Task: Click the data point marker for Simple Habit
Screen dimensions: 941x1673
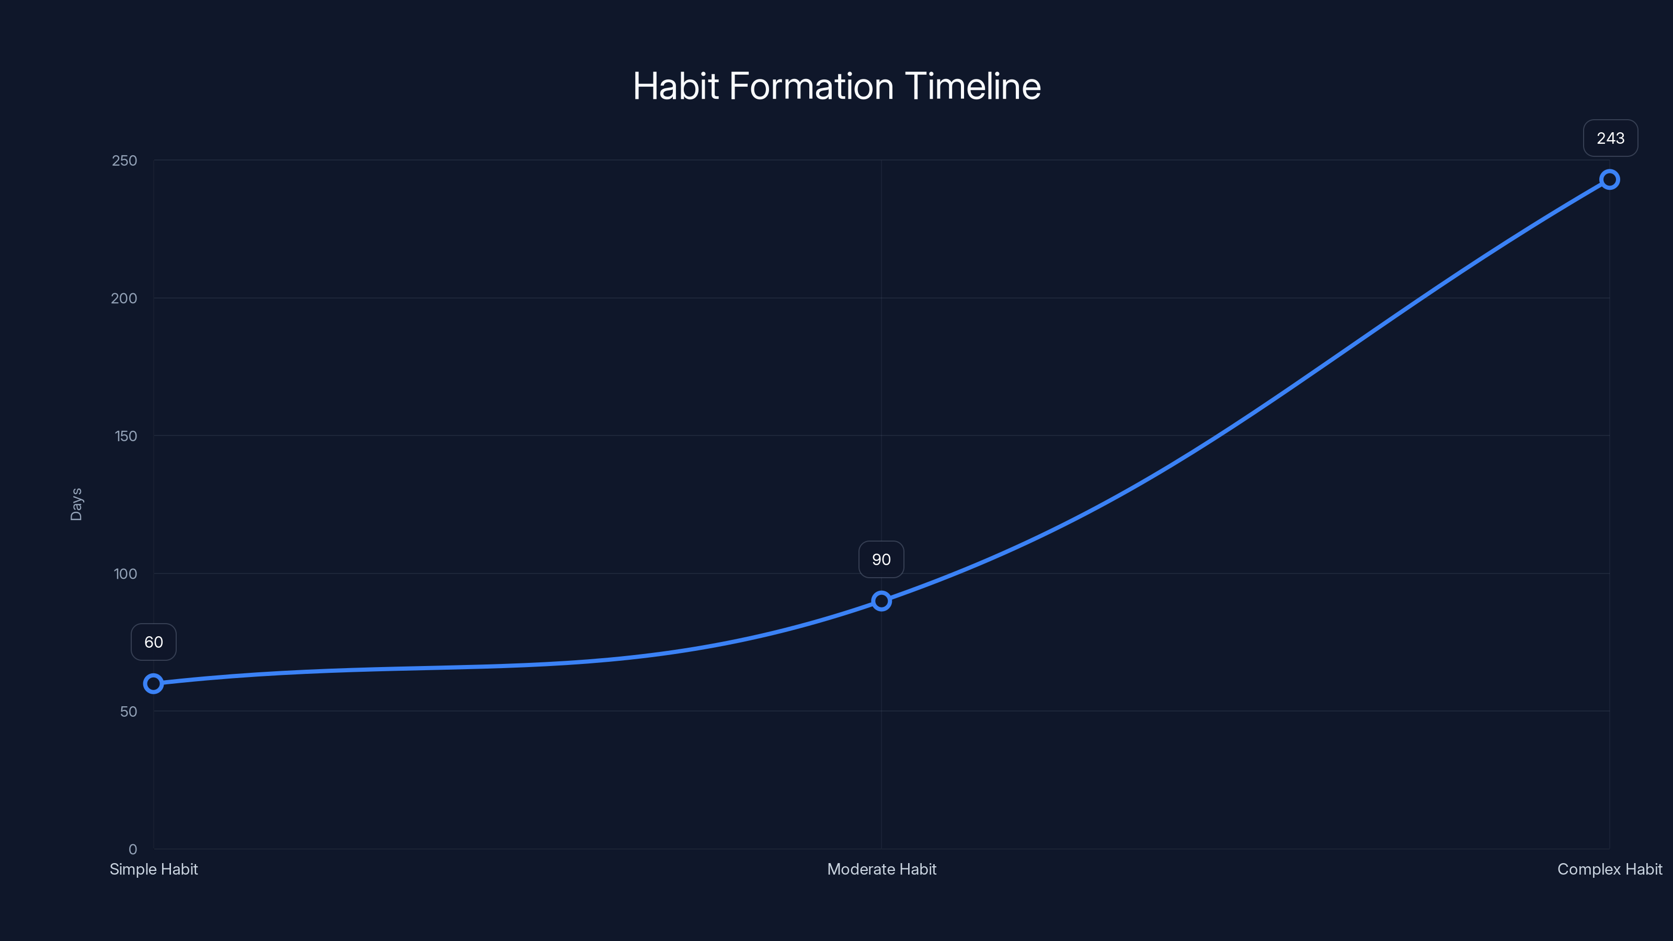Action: pos(153,683)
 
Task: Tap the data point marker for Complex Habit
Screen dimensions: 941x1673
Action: pos(1609,179)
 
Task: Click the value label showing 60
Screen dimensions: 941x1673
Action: pos(153,641)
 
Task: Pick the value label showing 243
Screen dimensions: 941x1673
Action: pos(1610,137)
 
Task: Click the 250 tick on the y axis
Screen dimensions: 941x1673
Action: pos(125,160)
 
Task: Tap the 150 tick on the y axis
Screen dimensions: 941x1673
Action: pos(126,436)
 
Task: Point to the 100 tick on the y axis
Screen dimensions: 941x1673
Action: pos(125,573)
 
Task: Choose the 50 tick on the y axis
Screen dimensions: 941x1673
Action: pos(129,711)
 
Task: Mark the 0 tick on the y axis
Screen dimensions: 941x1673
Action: pos(132,849)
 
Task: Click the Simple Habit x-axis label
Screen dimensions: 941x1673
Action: pos(153,869)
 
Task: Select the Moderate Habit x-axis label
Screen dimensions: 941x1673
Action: pos(881,869)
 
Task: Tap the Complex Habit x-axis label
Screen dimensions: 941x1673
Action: pos(1609,869)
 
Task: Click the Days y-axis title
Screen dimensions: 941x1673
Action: pos(76,504)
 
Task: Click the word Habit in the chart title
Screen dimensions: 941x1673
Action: pos(675,86)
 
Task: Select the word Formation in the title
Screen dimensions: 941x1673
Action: pos(812,86)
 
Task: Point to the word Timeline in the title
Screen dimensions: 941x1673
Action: pos(972,86)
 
